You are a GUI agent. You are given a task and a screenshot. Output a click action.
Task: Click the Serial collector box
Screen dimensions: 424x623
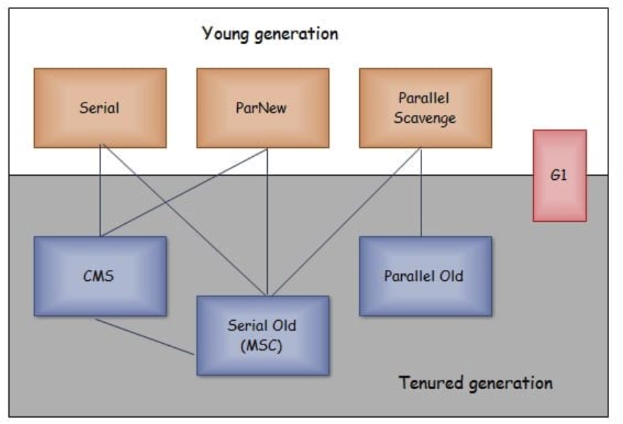coord(100,108)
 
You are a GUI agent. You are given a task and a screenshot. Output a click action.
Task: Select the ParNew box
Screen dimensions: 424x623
coord(262,108)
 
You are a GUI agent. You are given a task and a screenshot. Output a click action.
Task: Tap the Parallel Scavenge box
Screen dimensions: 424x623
coord(425,108)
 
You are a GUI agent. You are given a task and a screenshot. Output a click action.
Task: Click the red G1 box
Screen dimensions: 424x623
coord(559,175)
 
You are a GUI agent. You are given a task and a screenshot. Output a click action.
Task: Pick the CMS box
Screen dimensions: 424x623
coord(100,276)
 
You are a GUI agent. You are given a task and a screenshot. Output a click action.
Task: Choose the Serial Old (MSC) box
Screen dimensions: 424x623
coord(262,335)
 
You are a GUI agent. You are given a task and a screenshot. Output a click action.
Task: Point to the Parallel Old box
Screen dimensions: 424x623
coord(425,276)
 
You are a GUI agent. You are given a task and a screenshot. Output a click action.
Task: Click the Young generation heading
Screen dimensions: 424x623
coord(270,33)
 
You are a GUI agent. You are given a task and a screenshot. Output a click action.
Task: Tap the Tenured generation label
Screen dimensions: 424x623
coord(475,383)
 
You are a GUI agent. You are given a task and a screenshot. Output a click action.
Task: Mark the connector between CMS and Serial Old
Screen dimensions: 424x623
coord(145,337)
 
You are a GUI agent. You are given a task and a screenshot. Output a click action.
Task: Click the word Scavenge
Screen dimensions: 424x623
coord(424,118)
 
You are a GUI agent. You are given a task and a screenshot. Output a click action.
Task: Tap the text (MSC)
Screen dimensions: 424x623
coord(262,345)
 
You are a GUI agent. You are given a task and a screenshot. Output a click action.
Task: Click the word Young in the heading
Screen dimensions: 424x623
coord(225,33)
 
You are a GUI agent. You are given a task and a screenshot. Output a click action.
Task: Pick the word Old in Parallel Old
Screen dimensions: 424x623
coord(451,276)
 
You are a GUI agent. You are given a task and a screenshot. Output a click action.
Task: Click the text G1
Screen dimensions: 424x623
coord(559,175)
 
